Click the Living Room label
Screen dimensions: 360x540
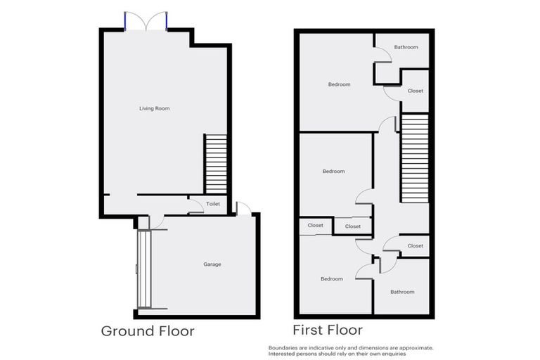154,108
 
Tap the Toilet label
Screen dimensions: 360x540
213,204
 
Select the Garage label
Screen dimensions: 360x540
212,264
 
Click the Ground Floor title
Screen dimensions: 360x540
148,330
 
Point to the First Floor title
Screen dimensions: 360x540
328,329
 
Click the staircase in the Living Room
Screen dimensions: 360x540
215,164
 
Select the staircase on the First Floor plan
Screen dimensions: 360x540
414,157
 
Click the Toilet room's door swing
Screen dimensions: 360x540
195,207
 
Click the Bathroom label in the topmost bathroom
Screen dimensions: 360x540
406,47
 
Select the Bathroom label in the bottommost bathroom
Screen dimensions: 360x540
402,292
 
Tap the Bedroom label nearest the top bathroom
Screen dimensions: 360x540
339,84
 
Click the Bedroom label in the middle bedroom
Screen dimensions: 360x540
333,172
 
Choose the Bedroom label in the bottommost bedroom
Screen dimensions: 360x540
332,279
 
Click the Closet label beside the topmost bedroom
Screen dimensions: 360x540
416,91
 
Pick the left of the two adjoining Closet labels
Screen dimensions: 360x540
315,226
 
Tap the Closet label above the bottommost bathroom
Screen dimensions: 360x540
416,246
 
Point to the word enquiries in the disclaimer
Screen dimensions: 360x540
394,354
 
